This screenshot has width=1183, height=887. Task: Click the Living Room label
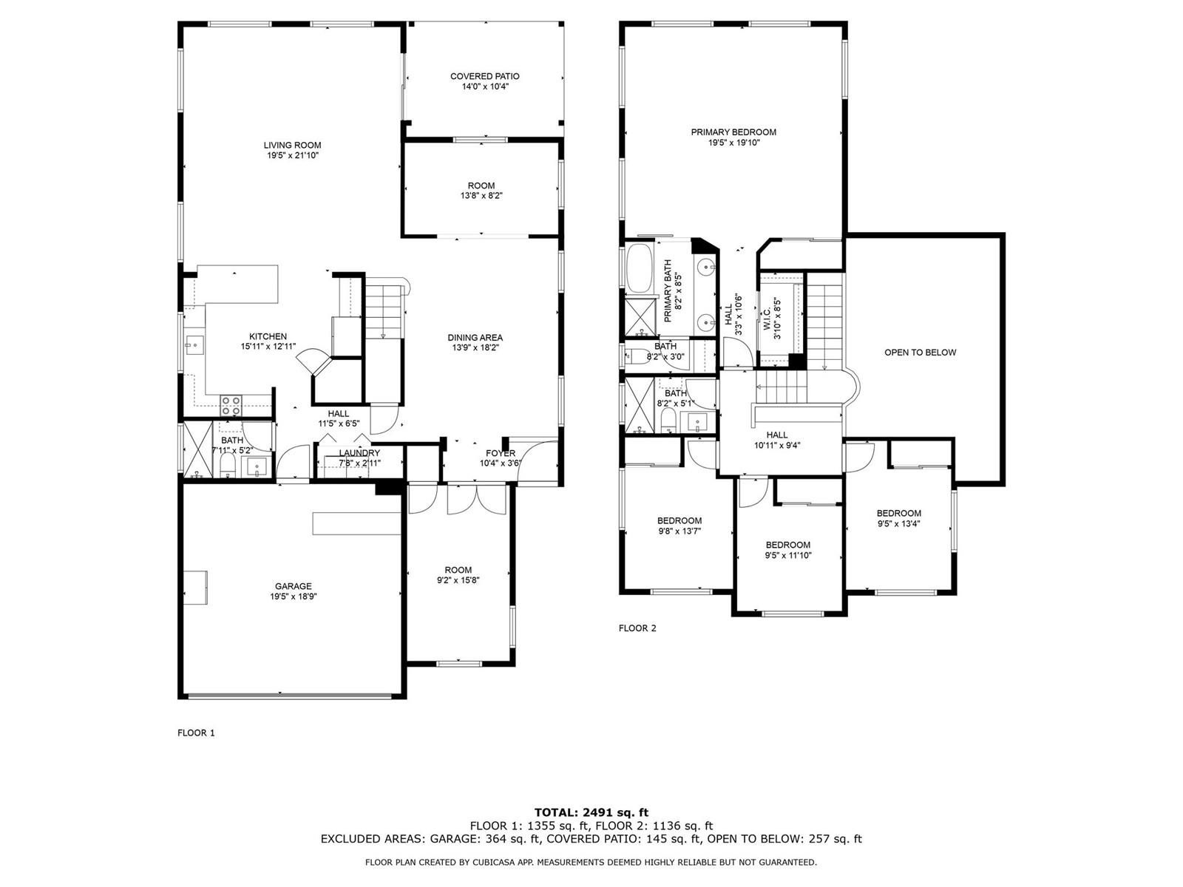292,145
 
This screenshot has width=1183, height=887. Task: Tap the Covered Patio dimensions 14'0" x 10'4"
485,86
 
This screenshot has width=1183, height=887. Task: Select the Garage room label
294,586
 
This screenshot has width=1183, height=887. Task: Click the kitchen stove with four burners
231,406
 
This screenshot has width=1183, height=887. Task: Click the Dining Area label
475,338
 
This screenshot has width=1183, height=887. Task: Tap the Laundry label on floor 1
359,453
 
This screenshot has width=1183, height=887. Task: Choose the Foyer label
500,453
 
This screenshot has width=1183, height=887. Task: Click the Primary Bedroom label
733,132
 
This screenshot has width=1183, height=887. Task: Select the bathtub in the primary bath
640,268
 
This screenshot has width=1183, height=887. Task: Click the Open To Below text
920,353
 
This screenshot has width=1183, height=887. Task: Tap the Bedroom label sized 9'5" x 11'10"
788,545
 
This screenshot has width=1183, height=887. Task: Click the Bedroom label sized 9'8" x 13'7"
679,520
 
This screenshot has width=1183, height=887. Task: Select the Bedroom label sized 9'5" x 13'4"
898,513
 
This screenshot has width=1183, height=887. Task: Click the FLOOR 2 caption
637,628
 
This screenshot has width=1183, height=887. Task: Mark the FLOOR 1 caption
196,733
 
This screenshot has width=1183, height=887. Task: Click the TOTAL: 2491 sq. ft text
591,812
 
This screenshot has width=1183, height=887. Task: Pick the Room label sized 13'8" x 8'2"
481,186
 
